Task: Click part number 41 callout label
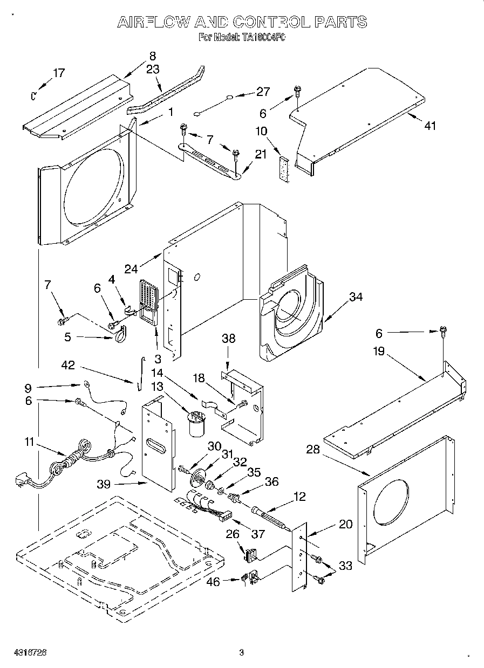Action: click(430, 126)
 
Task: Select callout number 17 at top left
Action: click(59, 73)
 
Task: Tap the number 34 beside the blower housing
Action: click(355, 296)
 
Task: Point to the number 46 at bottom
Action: click(214, 582)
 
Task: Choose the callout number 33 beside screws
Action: click(345, 565)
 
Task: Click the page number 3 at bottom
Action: click(242, 653)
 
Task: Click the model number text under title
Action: click(242, 38)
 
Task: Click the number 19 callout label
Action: click(379, 352)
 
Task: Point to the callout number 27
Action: click(263, 92)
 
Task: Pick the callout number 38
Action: click(229, 339)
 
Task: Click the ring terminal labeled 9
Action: click(86, 385)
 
